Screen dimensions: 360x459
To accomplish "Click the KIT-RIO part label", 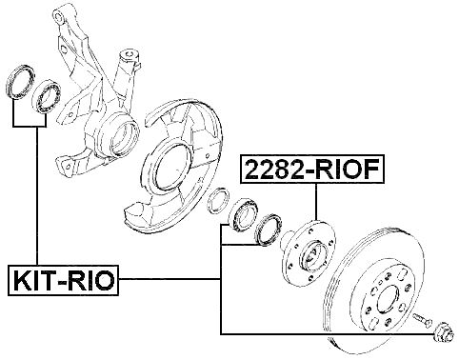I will [x=62, y=280].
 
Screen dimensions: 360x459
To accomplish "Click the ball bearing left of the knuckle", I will [x=47, y=97].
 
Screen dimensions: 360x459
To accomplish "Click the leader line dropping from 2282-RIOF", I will [x=315, y=210].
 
